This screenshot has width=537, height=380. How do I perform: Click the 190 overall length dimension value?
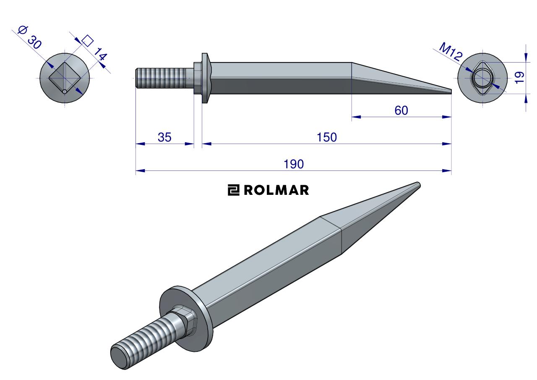pyautogui.click(x=293, y=164)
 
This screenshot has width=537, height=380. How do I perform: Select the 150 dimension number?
pyautogui.click(x=326, y=137)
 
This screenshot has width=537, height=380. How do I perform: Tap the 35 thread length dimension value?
pyautogui.click(x=164, y=137)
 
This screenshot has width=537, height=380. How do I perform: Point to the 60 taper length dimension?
pyautogui.click(x=401, y=110)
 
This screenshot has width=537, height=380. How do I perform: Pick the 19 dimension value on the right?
pyautogui.click(x=519, y=78)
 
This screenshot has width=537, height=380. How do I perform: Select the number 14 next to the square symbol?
pyautogui.click(x=100, y=54)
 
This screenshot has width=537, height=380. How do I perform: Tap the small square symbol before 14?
pyautogui.click(x=88, y=41)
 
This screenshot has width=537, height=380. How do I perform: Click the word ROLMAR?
pyautogui.click(x=276, y=190)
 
